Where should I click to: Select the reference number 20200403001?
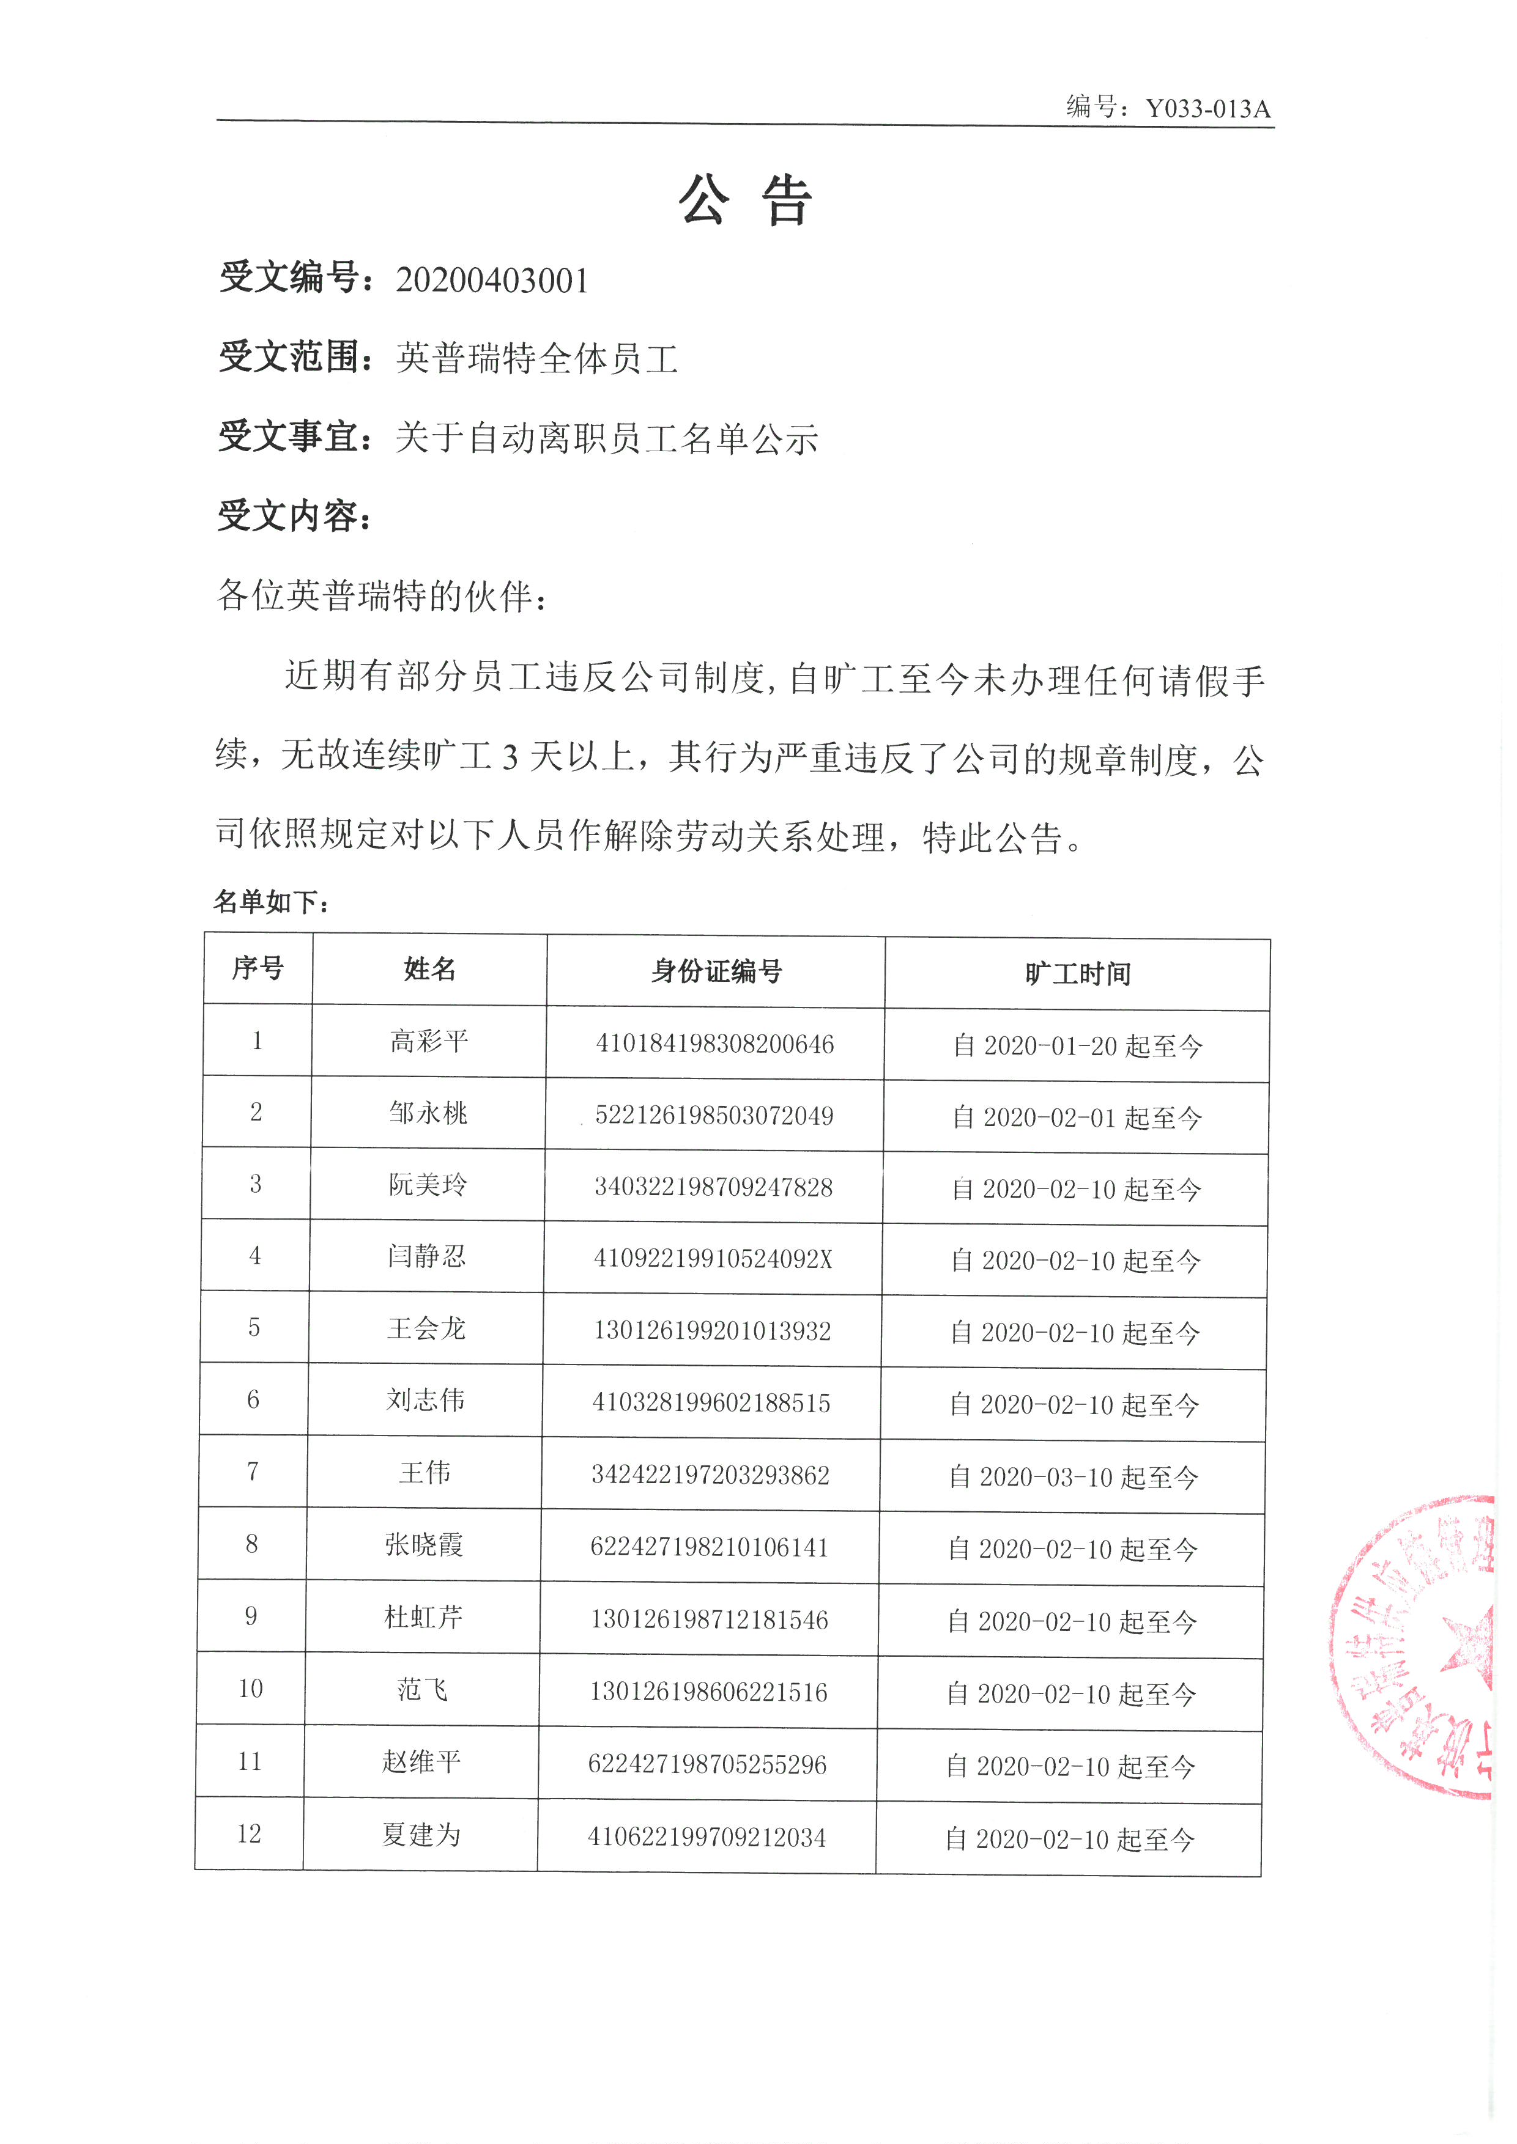point(492,280)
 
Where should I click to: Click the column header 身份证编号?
point(716,971)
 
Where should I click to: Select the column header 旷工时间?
point(1077,974)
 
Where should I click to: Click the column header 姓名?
point(429,969)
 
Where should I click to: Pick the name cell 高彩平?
point(429,1041)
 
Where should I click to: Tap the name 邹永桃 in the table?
point(428,1113)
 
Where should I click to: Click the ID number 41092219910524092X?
point(713,1259)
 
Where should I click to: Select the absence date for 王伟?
point(1074,1477)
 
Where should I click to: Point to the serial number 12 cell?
point(250,1833)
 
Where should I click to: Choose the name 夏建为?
point(421,1835)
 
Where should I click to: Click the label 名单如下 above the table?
point(271,901)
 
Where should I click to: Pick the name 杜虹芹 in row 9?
point(423,1618)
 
